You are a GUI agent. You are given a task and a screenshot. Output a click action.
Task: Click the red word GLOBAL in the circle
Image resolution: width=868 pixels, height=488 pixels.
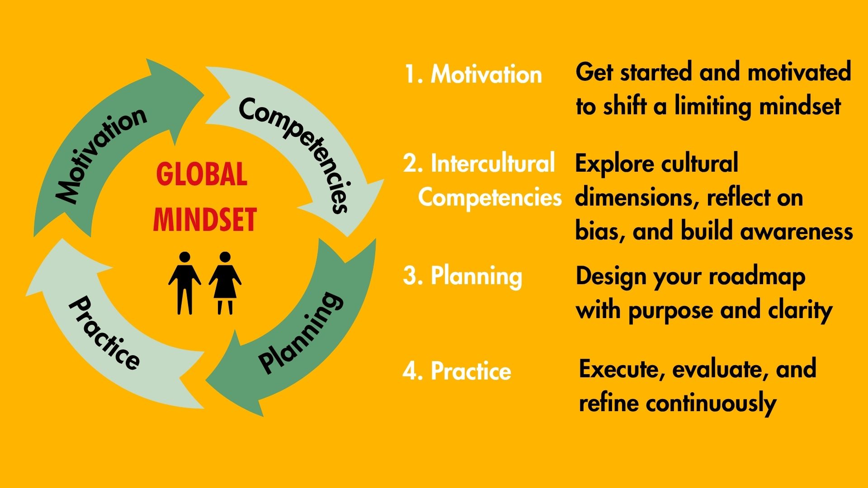pyautogui.click(x=202, y=174)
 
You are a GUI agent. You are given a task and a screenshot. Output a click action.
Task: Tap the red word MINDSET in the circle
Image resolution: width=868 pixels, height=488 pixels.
pyautogui.click(x=205, y=220)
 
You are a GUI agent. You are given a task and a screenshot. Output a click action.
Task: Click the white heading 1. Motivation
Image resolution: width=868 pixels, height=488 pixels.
pyautogui.click(x=473, y=74)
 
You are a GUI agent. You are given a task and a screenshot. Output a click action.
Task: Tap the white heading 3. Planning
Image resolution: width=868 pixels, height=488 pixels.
pyautogui.click(x=462, y=276)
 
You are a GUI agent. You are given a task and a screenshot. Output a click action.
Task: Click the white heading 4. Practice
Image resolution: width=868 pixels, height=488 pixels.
pyautogui.click(x=457, y=371)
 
